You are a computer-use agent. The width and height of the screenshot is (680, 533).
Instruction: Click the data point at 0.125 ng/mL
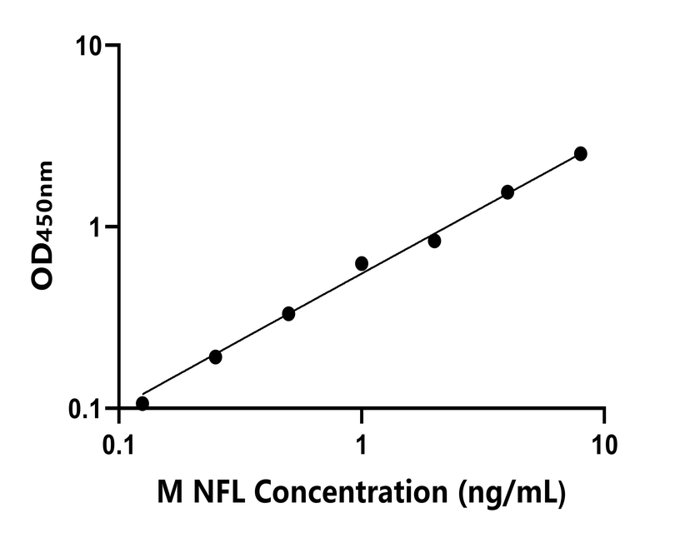tap(142, 404)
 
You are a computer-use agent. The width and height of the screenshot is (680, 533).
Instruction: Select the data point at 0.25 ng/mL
tap(216, 356)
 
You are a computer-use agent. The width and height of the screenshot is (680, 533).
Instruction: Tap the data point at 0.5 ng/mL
tap(288, 314)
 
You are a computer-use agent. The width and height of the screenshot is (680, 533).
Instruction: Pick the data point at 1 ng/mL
tap(362, 263)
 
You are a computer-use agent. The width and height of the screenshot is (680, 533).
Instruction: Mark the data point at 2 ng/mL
tap(434, 241)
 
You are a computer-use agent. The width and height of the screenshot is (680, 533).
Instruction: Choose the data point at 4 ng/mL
tap(507, 192)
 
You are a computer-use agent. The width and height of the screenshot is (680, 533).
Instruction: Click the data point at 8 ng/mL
tap(581, 153)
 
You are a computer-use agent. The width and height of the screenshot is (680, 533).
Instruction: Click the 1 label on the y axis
tap(96, 227)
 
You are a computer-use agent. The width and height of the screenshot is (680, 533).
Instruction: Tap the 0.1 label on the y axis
tap(84, 408)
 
